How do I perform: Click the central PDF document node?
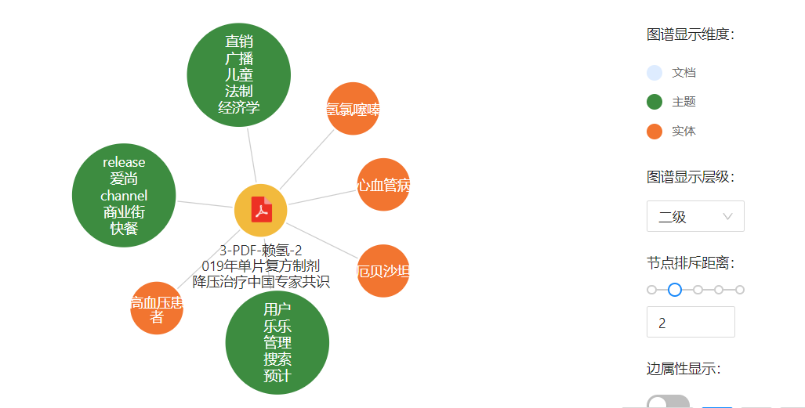coord(261,210)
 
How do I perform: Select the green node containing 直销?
coord(239,74)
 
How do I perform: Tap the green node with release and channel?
coord(124,195)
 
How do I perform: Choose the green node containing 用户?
coord(277,342)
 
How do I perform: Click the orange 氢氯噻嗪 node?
coord(353,109)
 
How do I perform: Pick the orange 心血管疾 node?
coord(383,185)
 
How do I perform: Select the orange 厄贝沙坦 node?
coord(383,271)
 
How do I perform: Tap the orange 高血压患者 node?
coord(157,309)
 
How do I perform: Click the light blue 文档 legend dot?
coord(655,73)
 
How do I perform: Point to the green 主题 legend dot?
coord(655,102)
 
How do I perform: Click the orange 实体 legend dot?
coord(655,131)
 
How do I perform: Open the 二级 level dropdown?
coord(695,216)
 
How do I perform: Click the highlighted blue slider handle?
coord(674,290)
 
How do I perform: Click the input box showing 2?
coord(690,322)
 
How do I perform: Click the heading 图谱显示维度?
coord(691,34)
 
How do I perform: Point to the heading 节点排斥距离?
coord(691,263)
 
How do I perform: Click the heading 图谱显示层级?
coord(691,177)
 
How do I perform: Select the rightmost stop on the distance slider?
coord(739,290)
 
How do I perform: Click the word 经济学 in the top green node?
coord(239,107)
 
